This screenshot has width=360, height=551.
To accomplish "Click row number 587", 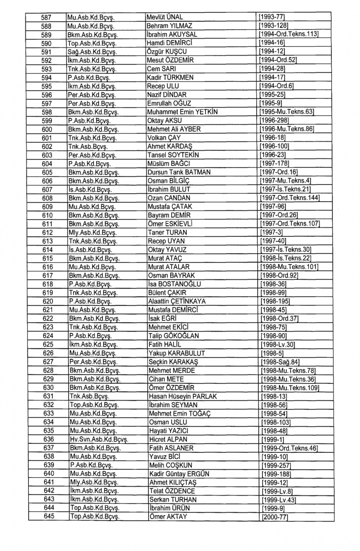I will coord(46,17).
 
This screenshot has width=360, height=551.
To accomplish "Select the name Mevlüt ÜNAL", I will coord(165,17).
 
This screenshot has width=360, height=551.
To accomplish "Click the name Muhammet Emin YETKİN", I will coord(183,112).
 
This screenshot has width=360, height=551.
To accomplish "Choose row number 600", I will coord(47,129).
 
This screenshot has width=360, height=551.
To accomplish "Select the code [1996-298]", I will coord(274,121).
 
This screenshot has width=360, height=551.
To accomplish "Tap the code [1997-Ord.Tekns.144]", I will coord(290,198).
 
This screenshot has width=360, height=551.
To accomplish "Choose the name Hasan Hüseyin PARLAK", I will coord(183,396).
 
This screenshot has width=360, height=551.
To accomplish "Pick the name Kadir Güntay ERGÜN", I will coord(179,474).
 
